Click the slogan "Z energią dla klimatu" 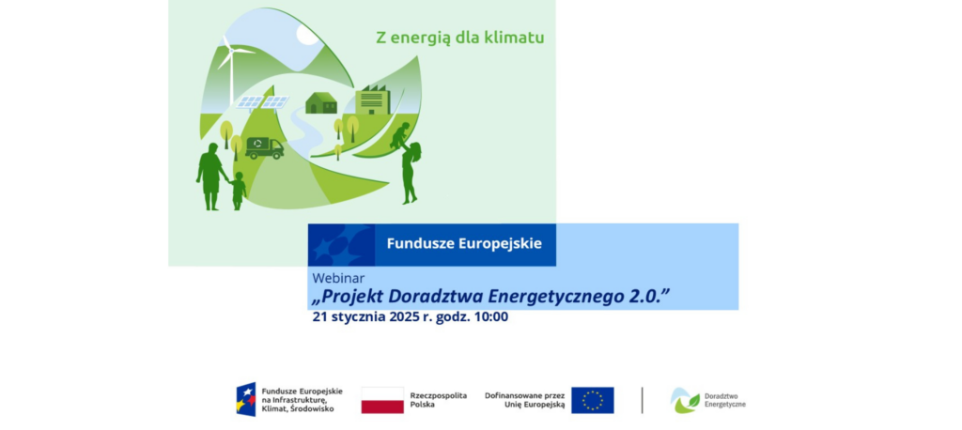[x=460, y=38]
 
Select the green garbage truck [x=264, y=147]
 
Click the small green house [x=321, y=103]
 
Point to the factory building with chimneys [x=373, y=100]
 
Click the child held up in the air [x=400, y=135]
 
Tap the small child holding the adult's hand [x=238, y=191]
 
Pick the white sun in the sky [x=307, y=36]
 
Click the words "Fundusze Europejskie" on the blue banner [x=464, y=243]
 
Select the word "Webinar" [x=338, y=278]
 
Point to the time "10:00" [x=491, y=317]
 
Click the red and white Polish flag [x=382, y=400]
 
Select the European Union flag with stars [x=593, y=400]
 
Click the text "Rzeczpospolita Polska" [x=439, y=400]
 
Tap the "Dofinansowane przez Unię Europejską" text [x=524, y=400]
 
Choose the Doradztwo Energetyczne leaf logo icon [x=685, y=400]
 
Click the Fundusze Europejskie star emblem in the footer [x=246, y=399]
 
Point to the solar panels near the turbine [x=263, y=102]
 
